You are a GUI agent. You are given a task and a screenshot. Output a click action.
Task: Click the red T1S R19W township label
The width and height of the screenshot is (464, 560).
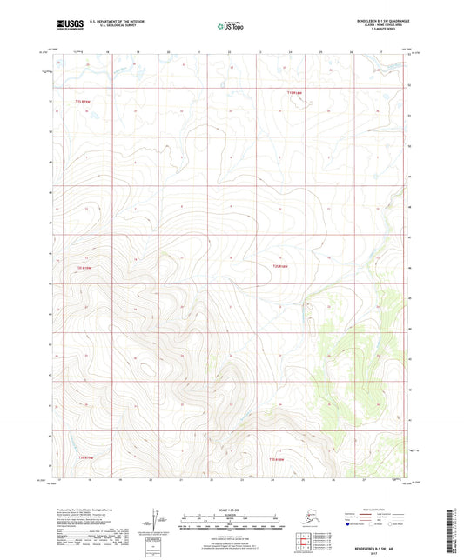(82, 102)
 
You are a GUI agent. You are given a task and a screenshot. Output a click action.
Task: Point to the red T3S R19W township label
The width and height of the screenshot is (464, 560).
(83, 456)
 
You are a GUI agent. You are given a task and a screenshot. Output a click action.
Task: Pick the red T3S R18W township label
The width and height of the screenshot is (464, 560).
(277, 458)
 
